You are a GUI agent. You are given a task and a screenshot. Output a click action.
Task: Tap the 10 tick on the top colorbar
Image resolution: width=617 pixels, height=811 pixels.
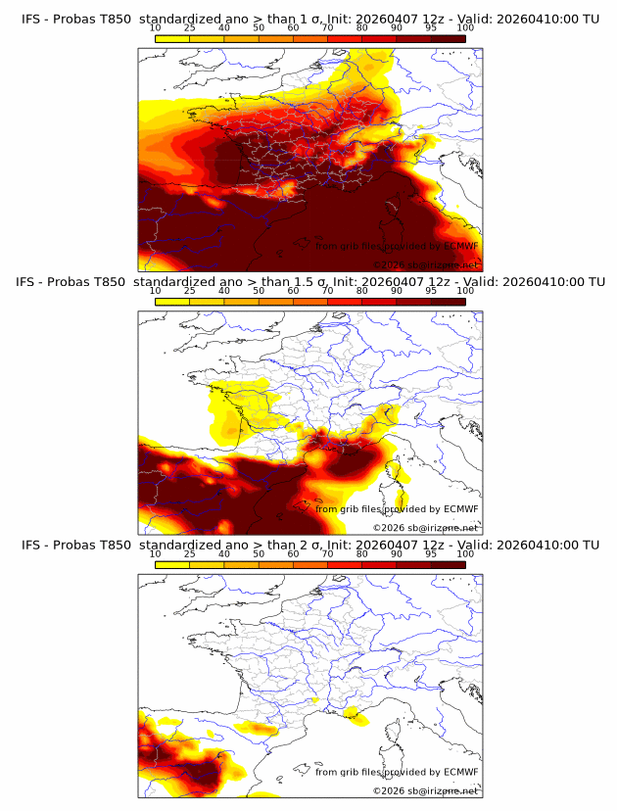pos(156,26)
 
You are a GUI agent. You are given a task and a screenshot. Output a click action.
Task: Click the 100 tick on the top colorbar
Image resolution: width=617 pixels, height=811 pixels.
pos(465,26)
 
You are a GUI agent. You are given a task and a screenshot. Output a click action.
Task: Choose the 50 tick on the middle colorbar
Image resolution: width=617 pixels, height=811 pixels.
pos(259,291)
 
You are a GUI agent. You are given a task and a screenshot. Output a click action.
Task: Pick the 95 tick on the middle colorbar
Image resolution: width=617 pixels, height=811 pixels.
pos(431,291)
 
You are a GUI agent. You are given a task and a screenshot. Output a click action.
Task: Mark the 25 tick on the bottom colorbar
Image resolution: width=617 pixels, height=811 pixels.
pos(190,554)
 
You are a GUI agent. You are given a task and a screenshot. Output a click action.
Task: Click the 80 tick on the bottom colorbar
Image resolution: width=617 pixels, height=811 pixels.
pos(362,554)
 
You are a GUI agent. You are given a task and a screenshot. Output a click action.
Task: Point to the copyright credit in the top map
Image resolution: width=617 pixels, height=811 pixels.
pos(426,264)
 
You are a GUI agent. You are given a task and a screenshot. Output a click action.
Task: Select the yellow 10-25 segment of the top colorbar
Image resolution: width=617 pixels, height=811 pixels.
pos(172,37)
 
